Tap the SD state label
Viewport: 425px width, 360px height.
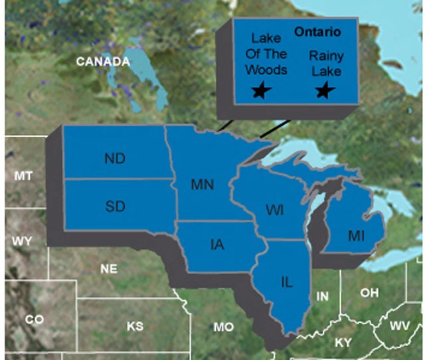click(115, 206)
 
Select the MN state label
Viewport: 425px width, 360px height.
click(202, 185)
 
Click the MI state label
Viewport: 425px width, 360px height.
click(357, 235)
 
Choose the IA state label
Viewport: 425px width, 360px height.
click(216, 245)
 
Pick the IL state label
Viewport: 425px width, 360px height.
click(287, 282)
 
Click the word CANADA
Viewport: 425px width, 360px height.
click(102, 62)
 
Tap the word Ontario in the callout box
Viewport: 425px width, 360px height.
click(317, 32)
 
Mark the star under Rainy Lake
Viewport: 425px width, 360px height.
click(324, 90)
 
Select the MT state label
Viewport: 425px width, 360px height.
click(23, 175)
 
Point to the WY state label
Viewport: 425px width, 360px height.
click(22, 240)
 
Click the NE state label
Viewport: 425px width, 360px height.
click(108, 269)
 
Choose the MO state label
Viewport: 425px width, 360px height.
click(224, 327)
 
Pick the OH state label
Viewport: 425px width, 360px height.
click(369, 292)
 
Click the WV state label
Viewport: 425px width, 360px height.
click(400, 325)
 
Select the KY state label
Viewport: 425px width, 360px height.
click(343, 342)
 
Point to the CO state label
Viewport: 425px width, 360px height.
click(34, 319)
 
